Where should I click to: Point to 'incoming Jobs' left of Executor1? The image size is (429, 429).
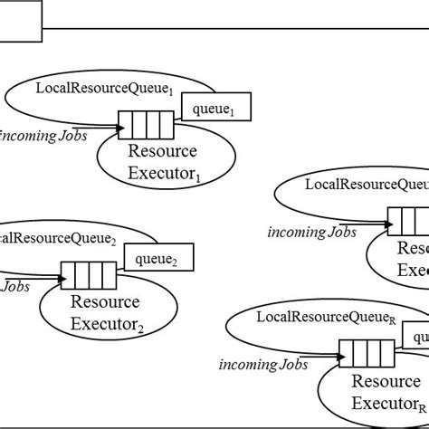pos(43,137)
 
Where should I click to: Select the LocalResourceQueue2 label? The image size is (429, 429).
pos(59,239)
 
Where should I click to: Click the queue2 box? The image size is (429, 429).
pos(158,259)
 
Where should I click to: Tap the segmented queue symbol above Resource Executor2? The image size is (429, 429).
pos(88,272)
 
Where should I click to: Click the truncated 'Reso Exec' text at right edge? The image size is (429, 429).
pos(412,258)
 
